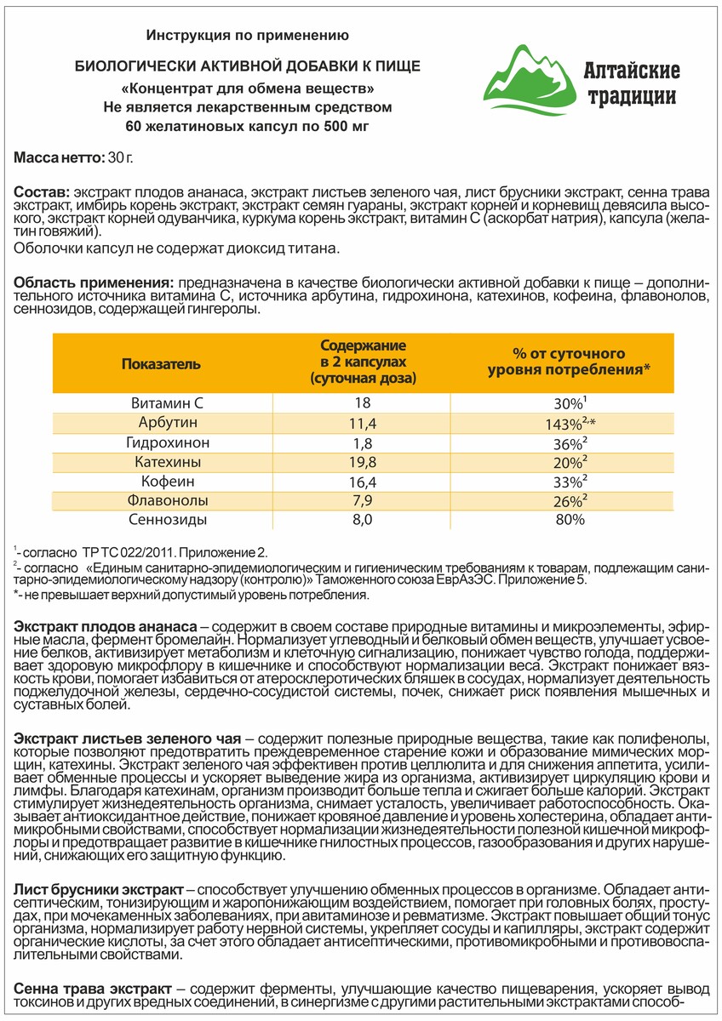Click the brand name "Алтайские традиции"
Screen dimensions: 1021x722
(630, 83)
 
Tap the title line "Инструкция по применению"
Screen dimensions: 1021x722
(248, 35)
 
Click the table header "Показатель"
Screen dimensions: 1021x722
(161, 363)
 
